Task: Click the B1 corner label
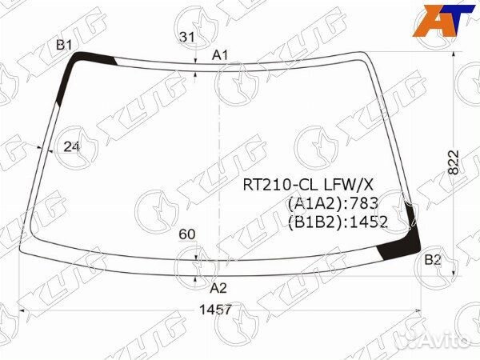point(64,46)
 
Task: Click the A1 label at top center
point(220,55)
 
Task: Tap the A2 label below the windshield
point(218,288)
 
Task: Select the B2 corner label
point(432,260)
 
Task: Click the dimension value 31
point(187,37)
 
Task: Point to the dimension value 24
point(71,147)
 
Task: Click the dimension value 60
point(187,234)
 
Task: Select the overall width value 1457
point(215,310)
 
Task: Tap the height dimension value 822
point(454,162)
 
